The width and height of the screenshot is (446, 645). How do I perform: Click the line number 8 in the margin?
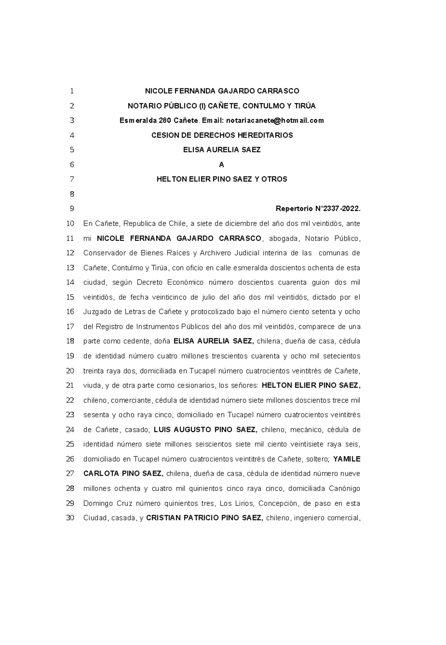coord(72,194)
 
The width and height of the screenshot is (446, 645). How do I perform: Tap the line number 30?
coord(70,518)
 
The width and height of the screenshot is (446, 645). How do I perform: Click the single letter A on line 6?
coord(222,164)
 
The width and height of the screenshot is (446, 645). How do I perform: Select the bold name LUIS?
coord(162,430)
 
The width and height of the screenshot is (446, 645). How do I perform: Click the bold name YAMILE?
coord(347,459)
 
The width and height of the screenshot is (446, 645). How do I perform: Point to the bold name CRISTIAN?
coord(162,518)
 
